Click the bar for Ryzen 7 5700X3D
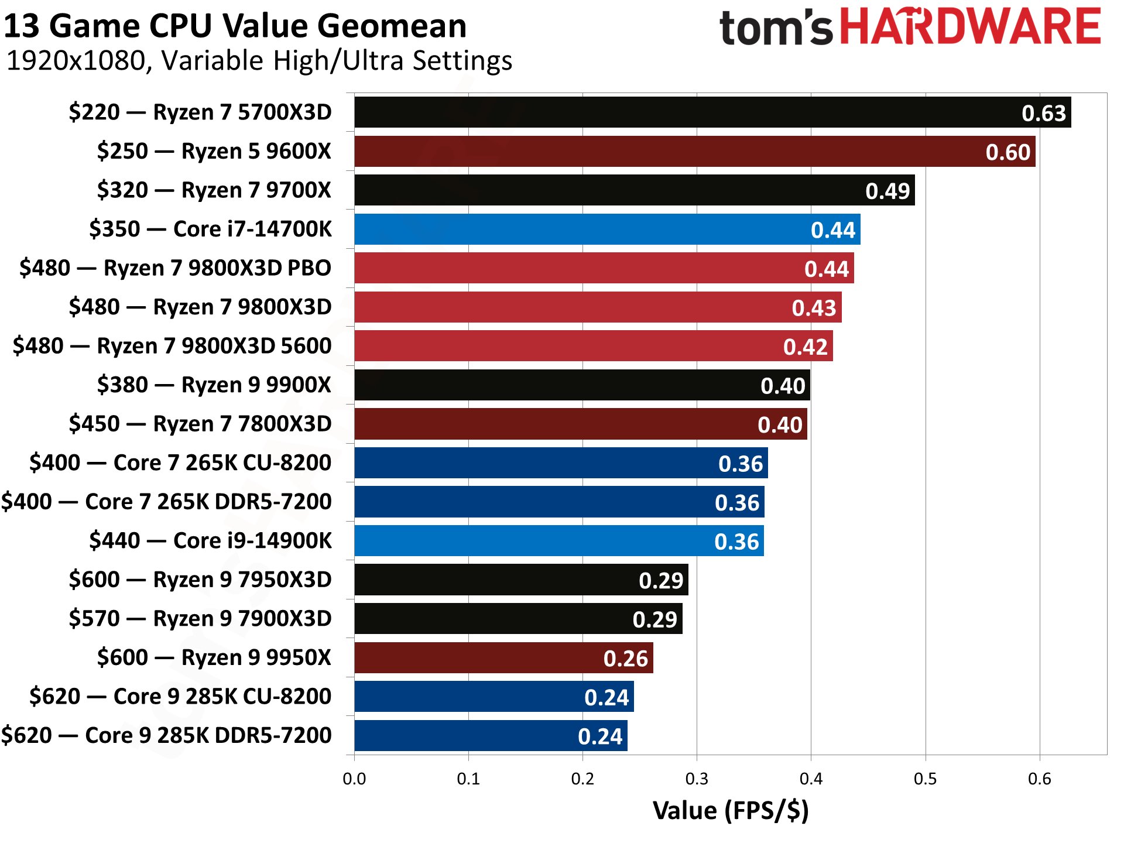pos(711,112)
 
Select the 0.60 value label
pos(1008,152)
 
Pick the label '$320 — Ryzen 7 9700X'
pos(214,190)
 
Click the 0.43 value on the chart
pos(814,308)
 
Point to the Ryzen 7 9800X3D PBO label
pos(175,268)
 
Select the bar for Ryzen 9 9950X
pos(503,658)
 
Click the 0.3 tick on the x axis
pos(697,779)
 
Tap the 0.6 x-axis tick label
pos(1039,779)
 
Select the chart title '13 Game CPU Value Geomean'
pos(235,26)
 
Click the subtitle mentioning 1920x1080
pos(259,61)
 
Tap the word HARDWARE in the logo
pos(971,27)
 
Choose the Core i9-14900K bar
pos(559,541)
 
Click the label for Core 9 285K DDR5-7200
pos(166,735)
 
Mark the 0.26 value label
pos(625,659)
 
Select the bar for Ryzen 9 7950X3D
pos(521,580)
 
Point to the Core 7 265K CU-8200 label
pos(180,463)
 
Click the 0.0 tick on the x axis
pos(354,779)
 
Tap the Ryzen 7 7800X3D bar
pos(580,424)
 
